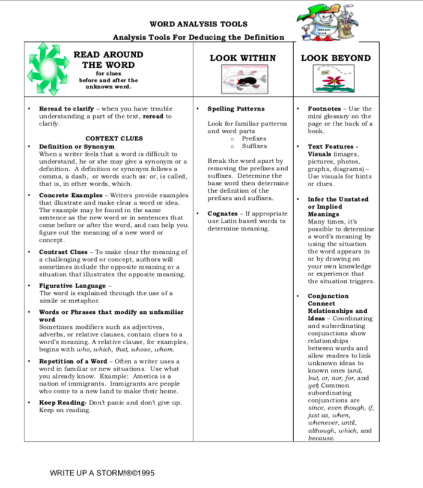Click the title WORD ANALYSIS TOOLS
(x=198, y=24)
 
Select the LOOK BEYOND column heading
(x=336, y=58)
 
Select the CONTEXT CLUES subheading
(x=114, y=138)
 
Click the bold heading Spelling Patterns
(x=236, y=109)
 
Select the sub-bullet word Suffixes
(x=254, y=146)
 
